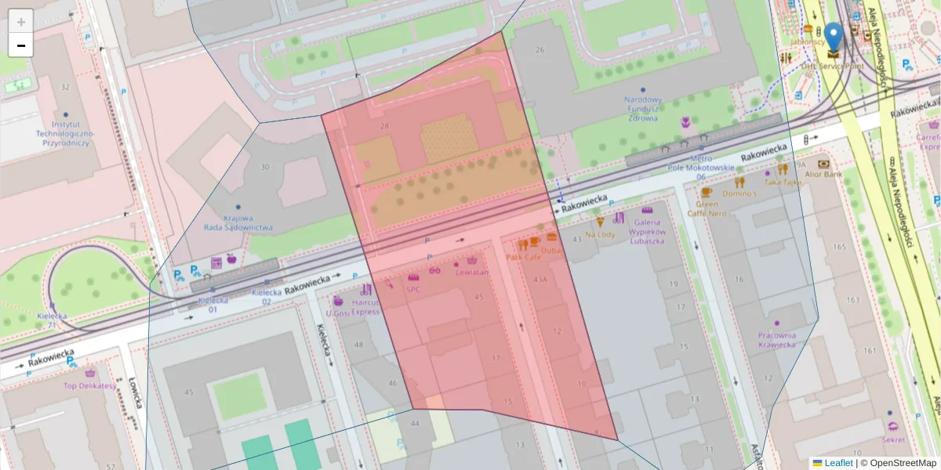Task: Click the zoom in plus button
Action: point(21,21)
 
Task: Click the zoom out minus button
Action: point(21,45)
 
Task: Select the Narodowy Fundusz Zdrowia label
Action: point(643,109)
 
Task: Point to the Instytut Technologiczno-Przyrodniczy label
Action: point(65,133)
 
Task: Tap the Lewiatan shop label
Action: point(471,272)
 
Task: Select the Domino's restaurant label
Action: point(739,193)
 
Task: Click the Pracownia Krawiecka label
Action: point(776,339)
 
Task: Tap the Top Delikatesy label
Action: point(89,385)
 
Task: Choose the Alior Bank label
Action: point(823,174)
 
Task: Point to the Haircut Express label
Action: point(365,306)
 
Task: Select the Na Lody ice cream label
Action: point(600,234)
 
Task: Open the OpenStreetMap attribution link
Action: point(904,463)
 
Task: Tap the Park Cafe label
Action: point(524,256)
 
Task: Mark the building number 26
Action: point(539,50)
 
